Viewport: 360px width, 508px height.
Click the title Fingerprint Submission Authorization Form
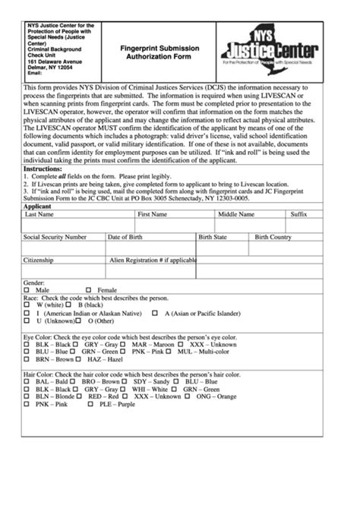[159, 52]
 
